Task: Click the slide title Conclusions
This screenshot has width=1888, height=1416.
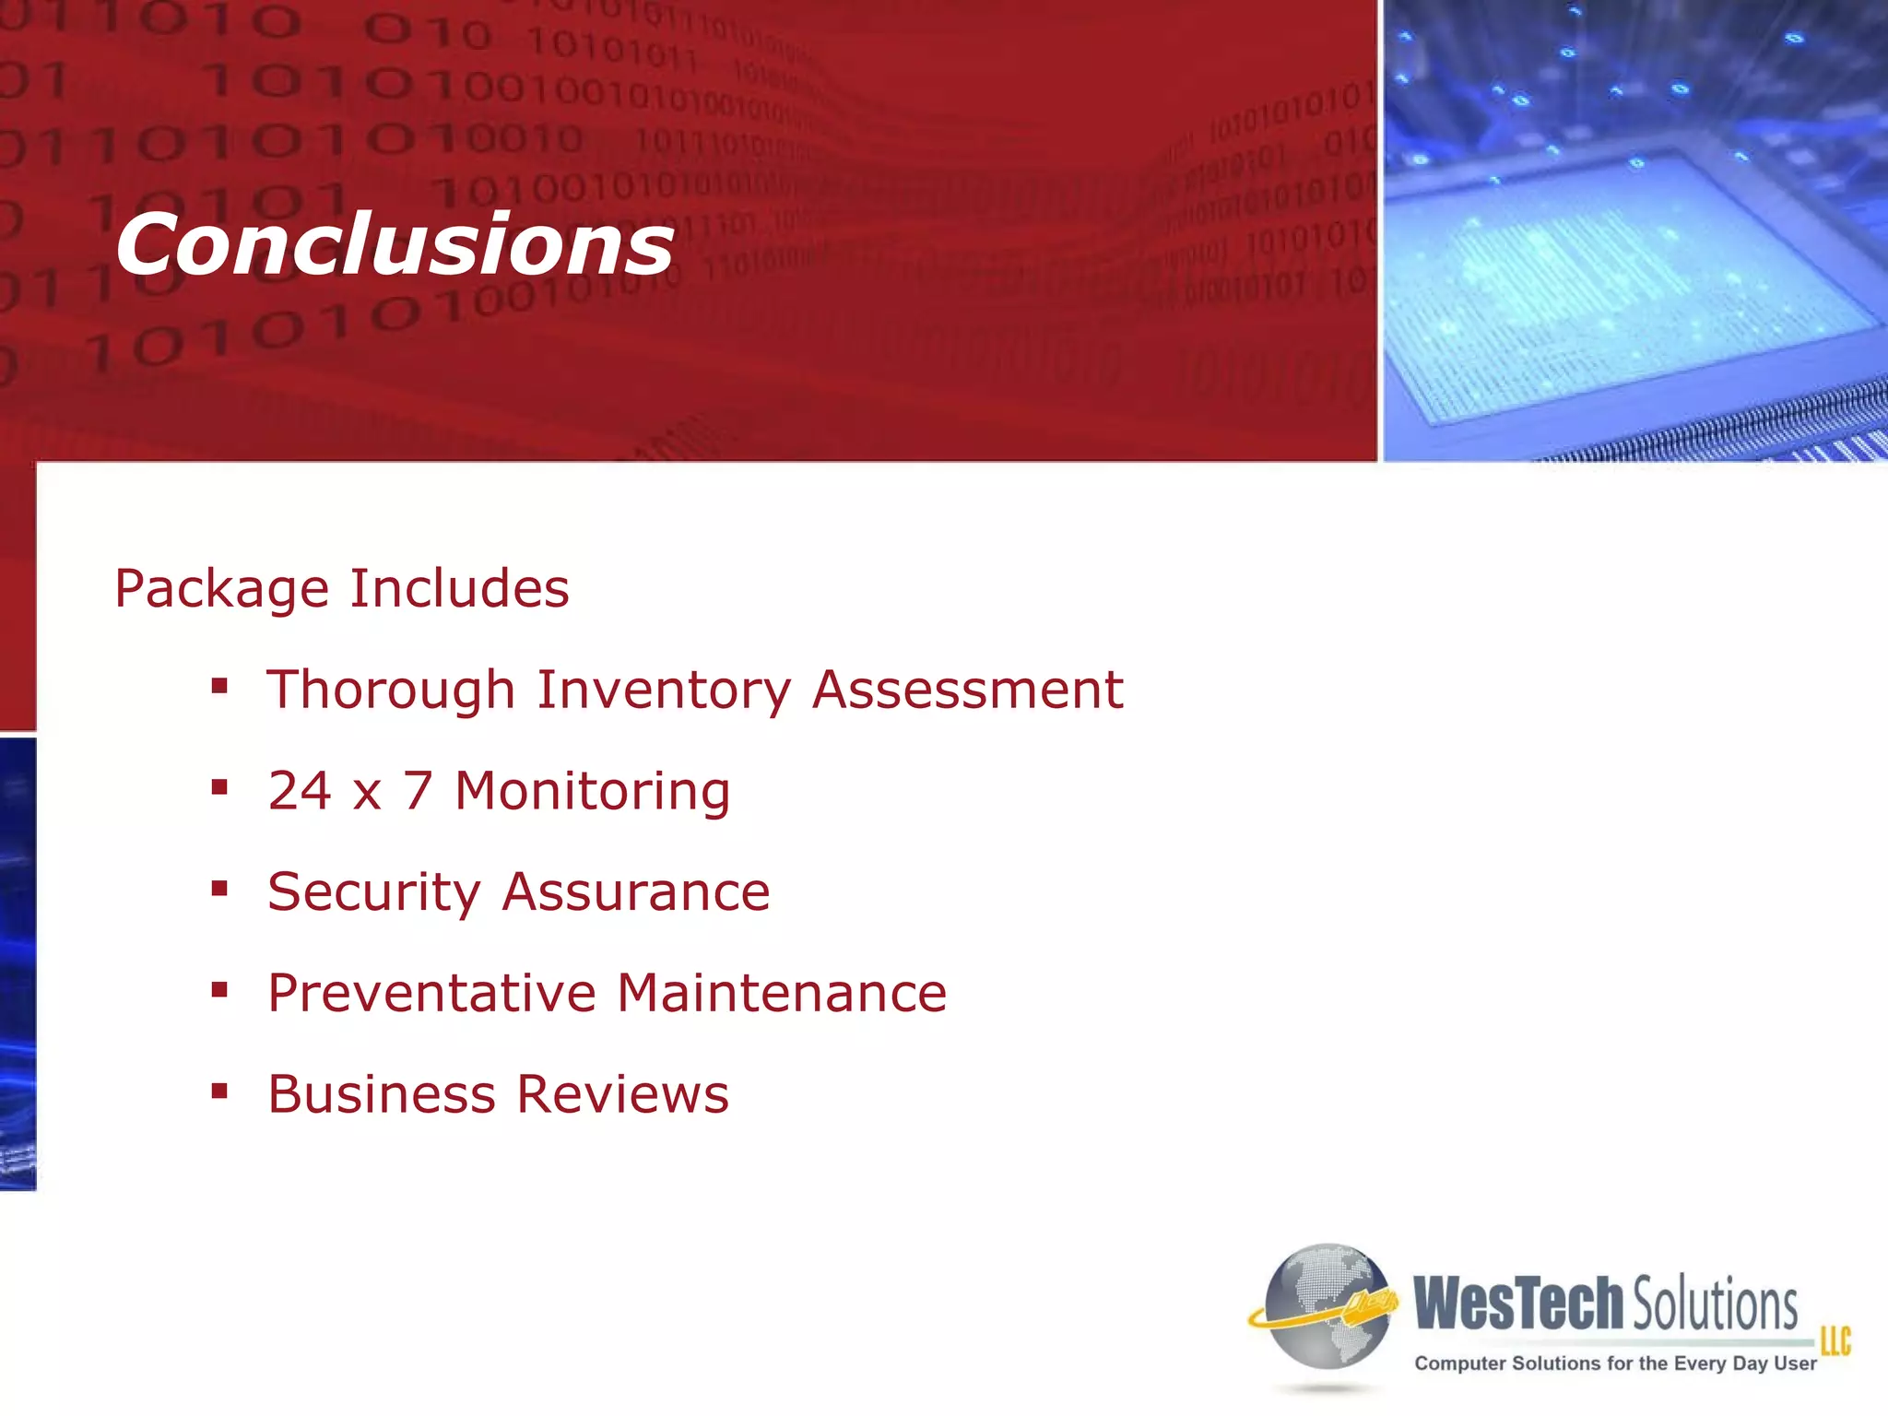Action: pyautogui.click(x=395, y=244)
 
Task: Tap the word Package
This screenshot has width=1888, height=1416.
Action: pyautogui.click(x=221, y=589)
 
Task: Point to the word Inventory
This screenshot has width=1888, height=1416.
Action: pyautogui.click(x=664, y=690)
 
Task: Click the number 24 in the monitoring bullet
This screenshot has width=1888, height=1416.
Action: pyautogui.click(x=300, y=790)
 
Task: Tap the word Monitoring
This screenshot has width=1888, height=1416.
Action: pyautogui.click(x=593, y=792)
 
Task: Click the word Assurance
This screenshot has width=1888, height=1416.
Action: pyautogui.click(x=636, y=891)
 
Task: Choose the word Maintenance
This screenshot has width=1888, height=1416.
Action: pyautogui.click(x=782, y=993)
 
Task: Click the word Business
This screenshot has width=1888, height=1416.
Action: pyautogui.click(x=382, y=1094)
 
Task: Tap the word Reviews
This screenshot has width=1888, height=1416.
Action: pyautogui.click(x=622, y=1094)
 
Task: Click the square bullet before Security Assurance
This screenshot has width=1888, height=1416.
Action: pyautogui.click(x=219, y=889)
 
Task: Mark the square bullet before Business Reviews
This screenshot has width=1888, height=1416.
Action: pyautogui.click(x=219, y=1091)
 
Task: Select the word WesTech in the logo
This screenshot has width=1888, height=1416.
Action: pyautogui.click(x=1518, y=1304)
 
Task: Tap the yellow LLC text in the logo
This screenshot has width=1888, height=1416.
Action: pyautogui.click(x=1835, y=1341)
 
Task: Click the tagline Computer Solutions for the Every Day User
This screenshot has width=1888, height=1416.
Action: pyautogui.click(x=1615, y=1363)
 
